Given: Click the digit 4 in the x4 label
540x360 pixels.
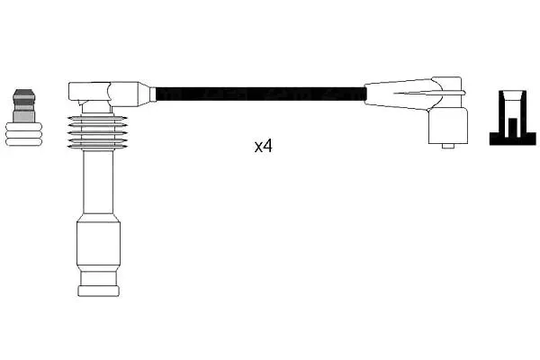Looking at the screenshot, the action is (x=267, y=146).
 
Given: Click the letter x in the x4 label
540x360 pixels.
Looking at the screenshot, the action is (x=258, y=148).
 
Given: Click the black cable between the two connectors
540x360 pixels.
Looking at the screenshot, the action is (x=261, y=94).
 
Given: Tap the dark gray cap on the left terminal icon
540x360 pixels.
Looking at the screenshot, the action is (x=23, y=95).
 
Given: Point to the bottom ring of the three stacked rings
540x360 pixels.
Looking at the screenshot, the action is (x=23, y=142).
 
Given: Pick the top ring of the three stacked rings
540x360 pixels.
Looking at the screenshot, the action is (x=23, y=127).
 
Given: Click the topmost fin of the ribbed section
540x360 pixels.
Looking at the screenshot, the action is (x=97, y=118).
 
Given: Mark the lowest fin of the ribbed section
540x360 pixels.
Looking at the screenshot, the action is (x=97, y=147).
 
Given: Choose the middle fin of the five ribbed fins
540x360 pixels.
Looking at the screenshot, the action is (x=97, y=132).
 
